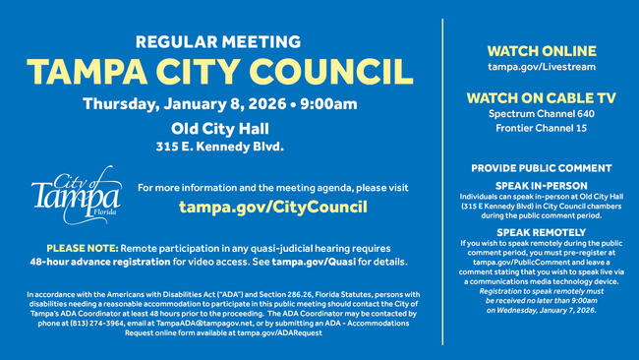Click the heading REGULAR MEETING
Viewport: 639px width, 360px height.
[x=219, y=42]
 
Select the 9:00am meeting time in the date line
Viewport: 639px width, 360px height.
[x=329, y=103]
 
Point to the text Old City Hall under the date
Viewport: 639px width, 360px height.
[x=219, y=128]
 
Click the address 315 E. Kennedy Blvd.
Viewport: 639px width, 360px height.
[x=219, y=147]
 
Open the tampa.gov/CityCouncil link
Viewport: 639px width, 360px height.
[x=272, y=208]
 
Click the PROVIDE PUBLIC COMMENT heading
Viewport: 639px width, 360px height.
[x=539, y=168]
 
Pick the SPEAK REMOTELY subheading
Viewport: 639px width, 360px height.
[x=539, y=231]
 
